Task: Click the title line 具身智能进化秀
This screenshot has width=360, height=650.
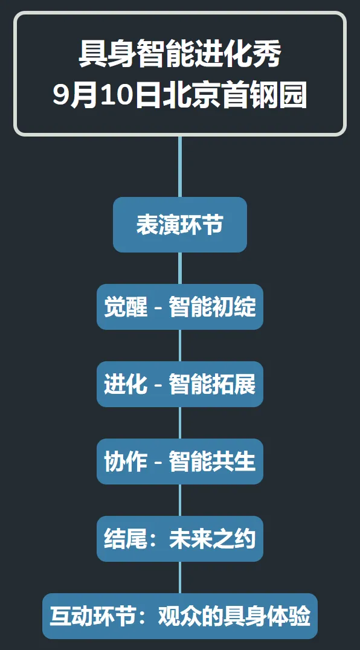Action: (180, 54)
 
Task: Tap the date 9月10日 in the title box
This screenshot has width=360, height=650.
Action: (106, 95)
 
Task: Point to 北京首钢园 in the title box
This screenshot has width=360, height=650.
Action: (234, 95)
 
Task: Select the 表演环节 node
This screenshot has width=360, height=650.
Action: (180, 225)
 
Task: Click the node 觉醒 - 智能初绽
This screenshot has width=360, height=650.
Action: (180, 307)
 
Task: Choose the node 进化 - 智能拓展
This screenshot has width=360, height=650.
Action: (180, 384)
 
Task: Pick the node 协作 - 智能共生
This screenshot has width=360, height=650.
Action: (180, 462)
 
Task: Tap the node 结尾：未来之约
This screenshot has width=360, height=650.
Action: (180, 539)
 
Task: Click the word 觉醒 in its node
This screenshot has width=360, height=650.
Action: (126, 307)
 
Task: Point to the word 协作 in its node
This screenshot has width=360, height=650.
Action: (126, 462)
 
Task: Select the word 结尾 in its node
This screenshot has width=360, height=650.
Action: (126, 539)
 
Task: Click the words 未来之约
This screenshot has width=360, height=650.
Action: (213, 539)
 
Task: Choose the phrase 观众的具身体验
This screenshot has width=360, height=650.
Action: (234, 616)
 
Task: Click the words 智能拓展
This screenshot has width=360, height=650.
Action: (213, 384)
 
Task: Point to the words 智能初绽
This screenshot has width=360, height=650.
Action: (213, 307)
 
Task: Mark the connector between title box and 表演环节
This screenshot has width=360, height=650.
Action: (180, 167)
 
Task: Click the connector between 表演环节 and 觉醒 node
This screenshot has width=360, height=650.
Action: (180, 268)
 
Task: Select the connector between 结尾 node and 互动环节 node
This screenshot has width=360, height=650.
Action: (180, 578)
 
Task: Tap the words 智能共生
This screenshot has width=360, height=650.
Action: (213, 462)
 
